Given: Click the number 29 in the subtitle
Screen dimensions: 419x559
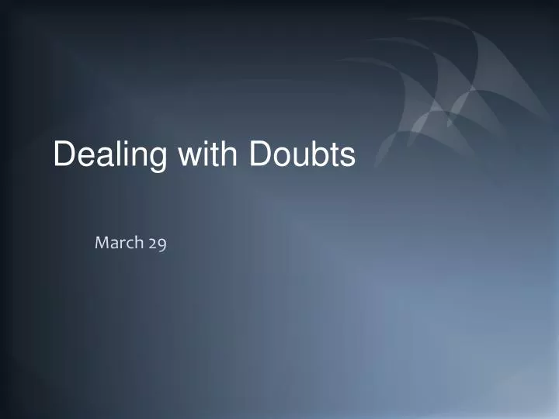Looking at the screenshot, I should (x=157, y=244).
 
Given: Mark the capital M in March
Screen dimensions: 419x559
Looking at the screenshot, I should (x=101, y=243).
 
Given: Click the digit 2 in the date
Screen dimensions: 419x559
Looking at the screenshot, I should (x=152, y=244).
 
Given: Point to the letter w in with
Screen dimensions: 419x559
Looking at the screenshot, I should (x=189, y=156).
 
